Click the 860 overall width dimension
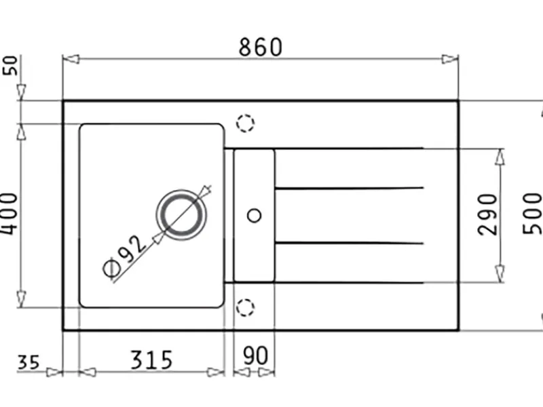261,47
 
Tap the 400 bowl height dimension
8,214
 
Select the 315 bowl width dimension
151,360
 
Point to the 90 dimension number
255,355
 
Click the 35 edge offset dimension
29,362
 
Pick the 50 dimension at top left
10,65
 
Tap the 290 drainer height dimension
487,214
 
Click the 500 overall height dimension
532,213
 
